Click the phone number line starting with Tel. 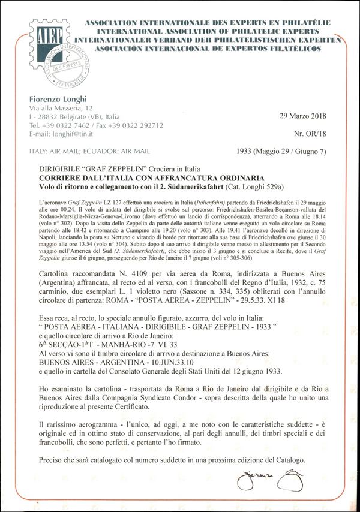click(95, 125)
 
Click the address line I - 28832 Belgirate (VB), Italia click(74, 116)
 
